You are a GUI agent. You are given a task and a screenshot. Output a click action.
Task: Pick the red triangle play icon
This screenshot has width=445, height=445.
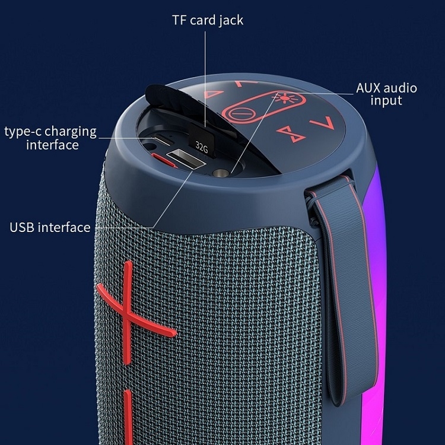pos(212,94)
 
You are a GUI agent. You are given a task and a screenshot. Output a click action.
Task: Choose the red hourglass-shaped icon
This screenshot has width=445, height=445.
pos(288,131)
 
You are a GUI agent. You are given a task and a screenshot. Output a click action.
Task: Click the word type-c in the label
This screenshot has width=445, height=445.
pos(23,131)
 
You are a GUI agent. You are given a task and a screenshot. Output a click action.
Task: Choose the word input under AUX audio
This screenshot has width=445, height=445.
pos(386,101)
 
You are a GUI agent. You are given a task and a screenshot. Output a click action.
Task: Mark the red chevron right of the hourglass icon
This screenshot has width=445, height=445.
pos(319,123)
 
